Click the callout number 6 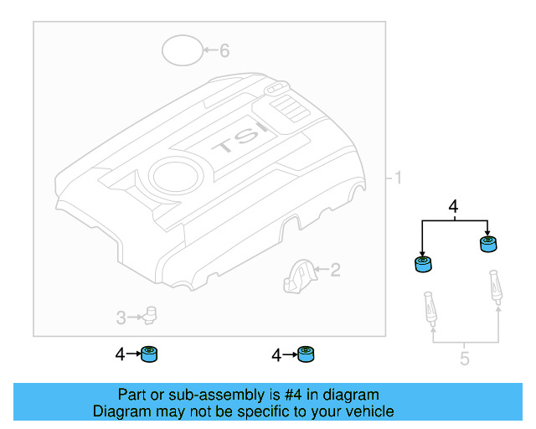224,50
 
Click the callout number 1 399,178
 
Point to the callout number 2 335,270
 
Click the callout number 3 121,318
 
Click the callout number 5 464,359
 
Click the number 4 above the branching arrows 453,206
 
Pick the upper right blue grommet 487,244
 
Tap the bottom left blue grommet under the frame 150,354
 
